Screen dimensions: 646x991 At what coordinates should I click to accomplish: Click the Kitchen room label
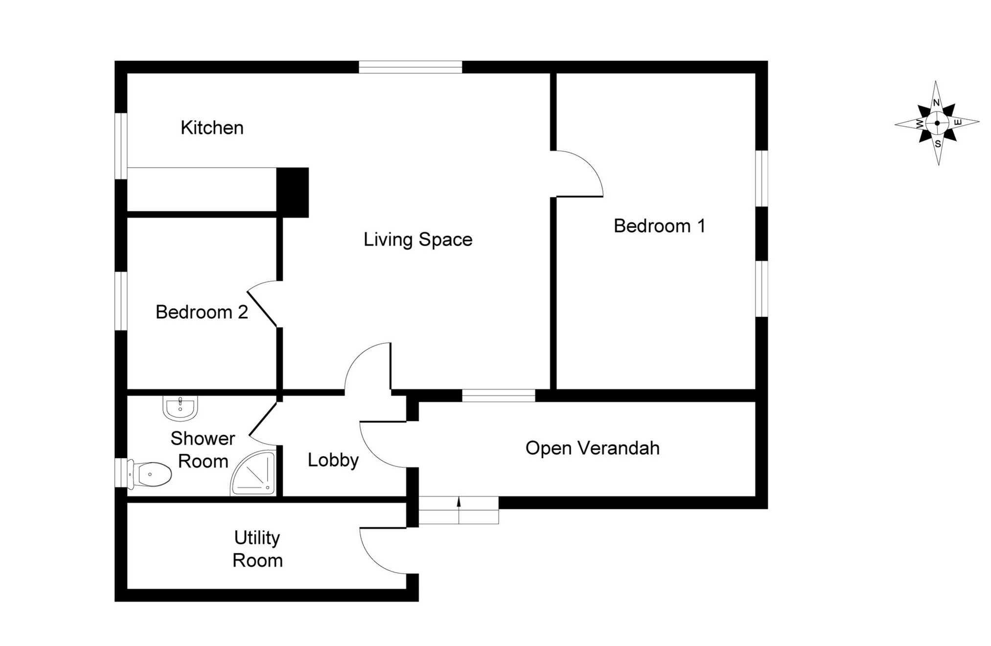pyautogui.click(x=212, y=128)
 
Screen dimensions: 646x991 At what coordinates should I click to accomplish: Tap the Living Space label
pyautogui.click(x=418, y=240)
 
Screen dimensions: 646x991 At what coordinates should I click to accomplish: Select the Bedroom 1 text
pyautogui.click(x=659, y=226)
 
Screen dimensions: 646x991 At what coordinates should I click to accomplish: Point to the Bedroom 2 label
pyautogui.click(x=202, y=312)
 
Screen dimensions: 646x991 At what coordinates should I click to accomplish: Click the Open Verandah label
pyautogui.click(x=592, y=448)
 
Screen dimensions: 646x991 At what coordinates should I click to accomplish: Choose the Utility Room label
pyautogui.click(x=257, y=549)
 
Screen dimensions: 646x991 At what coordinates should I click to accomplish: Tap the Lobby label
pyautogui.click(x=333, y=460)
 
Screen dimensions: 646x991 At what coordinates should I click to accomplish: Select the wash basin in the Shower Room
pyautogui.click(x=180, y=408)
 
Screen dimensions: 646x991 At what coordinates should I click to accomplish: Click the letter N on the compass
pyautogui.click(x=936, y=103)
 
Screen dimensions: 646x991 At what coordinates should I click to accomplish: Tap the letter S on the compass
pyautogui.click(x=938, y=144)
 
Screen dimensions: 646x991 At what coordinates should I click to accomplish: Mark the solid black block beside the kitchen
pyautogui.click(x=293, y=192)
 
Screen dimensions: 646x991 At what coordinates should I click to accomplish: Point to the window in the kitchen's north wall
pyautogui.click(x=410, y=67)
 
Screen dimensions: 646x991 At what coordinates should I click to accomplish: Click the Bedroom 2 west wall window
pyautogui.click(x=121, y=300)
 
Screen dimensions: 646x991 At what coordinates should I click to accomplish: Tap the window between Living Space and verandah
pyautogui.click(x=498, y=396)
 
